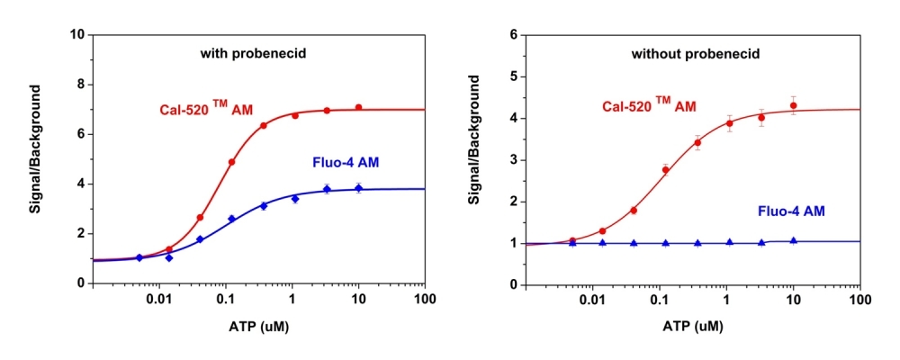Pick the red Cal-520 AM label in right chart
(649, 105)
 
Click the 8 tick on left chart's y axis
(80, 84)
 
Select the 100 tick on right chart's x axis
(859, 299)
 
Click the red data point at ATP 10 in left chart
(358, 107)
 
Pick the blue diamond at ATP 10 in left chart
(358, 188)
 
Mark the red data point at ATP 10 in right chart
(793, 105)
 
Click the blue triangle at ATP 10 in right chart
(793, 241)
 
